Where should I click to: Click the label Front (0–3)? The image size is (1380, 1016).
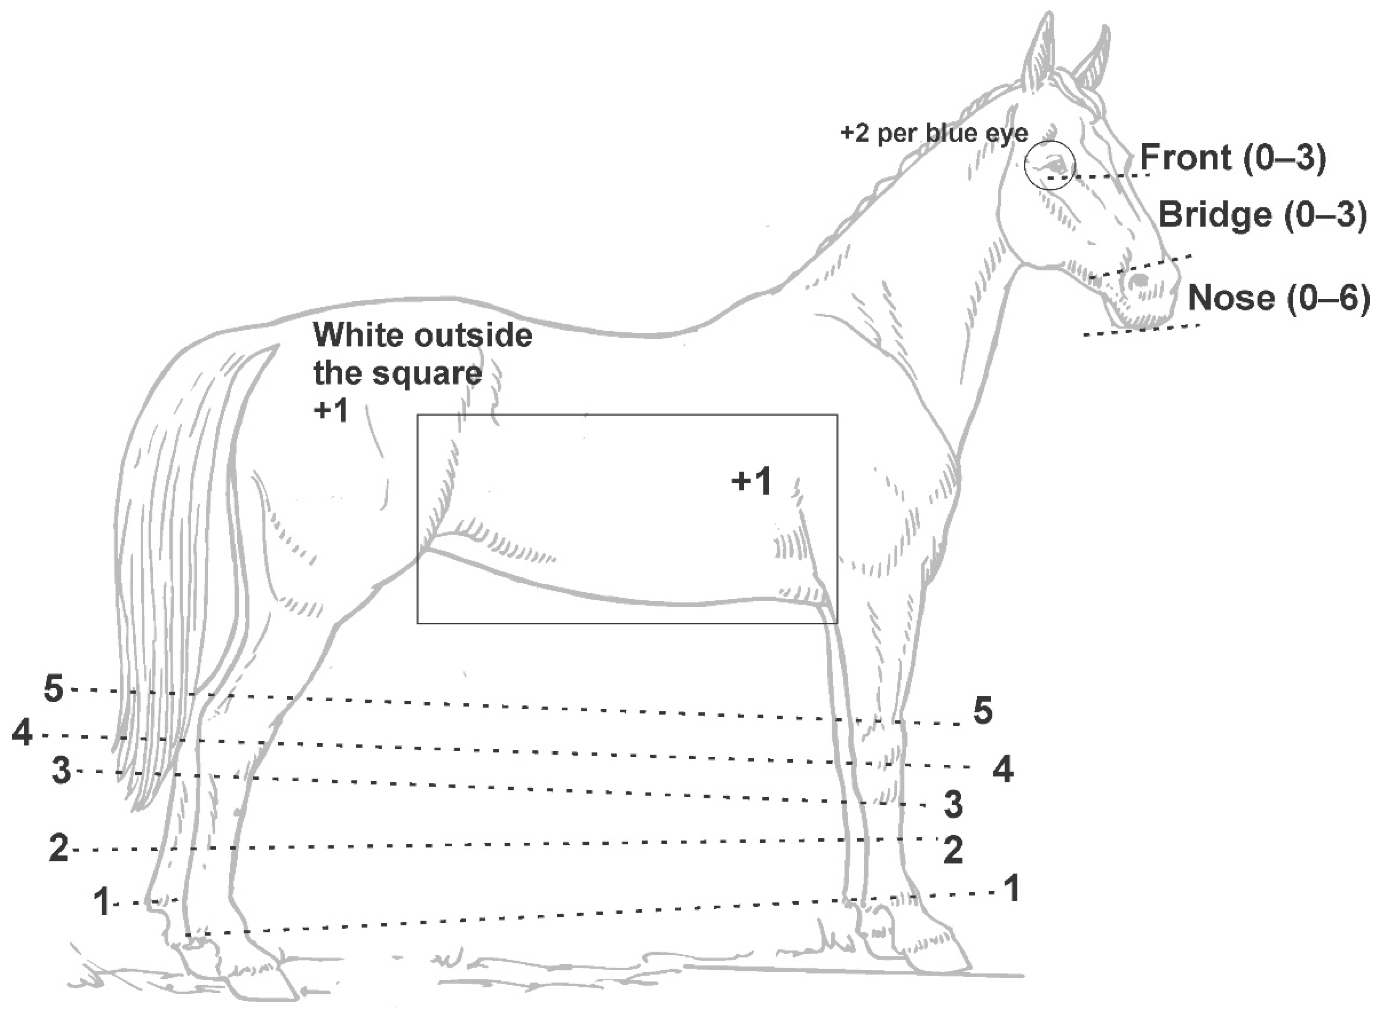click(x=1233, y=158)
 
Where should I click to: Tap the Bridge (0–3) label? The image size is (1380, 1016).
click(x=1262, y=215)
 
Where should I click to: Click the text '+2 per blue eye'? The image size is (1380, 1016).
click(x=934, y=134)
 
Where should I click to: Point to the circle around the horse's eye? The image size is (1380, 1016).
click(x=1050, y=165)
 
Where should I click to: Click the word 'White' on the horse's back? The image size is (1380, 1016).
click(x=358, y=335)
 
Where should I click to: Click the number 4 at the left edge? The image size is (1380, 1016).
click(x=22, y=733)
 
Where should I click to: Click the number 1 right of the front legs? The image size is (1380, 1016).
click(x=1011, y=889)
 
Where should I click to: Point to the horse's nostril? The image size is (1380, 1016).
click(x=1140, y=280)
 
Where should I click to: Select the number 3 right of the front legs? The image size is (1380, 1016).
click(x=953, y=804)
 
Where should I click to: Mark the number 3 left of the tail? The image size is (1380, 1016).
click(x=61, y=771)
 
